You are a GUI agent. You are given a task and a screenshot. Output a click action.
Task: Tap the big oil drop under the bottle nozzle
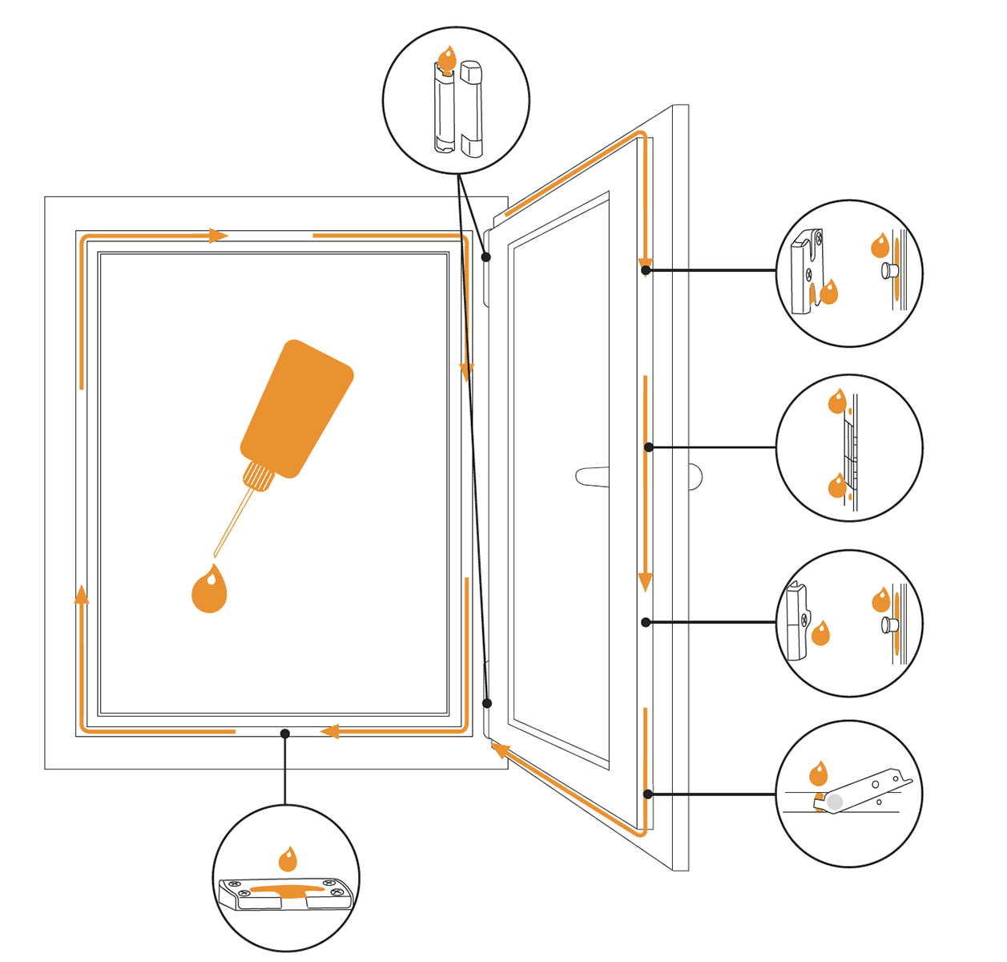pos(209,591)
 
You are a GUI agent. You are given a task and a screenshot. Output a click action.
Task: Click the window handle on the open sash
pos(592,476)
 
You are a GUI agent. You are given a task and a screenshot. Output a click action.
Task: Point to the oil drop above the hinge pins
pos(447,59)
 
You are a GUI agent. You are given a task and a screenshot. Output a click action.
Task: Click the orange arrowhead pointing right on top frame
pos(217,236)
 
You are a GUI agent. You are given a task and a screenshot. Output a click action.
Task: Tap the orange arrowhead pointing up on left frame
pos(82,594)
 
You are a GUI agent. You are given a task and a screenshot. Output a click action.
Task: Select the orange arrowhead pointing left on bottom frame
pos(329,731)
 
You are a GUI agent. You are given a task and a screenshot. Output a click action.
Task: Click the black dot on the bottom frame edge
pos(285,734)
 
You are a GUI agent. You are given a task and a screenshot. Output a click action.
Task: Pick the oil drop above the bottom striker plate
pos(288,860)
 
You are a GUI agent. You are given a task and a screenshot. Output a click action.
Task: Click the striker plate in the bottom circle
pos(286,892)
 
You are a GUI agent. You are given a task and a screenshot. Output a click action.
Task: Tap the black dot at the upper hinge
pos(486,257)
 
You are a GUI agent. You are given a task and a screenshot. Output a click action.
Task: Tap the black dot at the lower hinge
pos(487,703)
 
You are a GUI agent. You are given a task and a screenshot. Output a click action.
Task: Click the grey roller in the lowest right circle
pos(835,801)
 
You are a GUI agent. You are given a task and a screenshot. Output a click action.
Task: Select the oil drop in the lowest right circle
pos(818,774)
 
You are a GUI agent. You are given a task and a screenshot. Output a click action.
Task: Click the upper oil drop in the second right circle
pos(837,401)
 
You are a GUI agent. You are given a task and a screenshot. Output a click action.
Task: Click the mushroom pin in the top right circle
pos(888,271)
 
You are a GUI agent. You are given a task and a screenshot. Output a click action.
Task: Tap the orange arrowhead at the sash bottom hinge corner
pos(500,750)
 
